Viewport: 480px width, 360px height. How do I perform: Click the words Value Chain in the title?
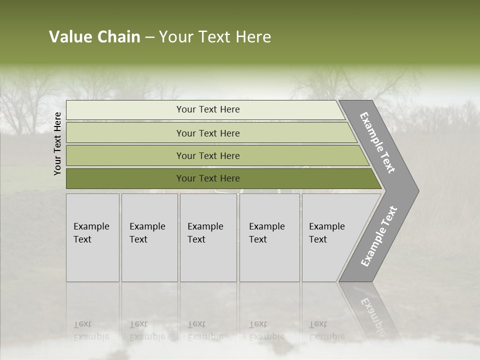[x=94, y=37]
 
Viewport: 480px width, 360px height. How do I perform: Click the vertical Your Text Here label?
[x=57, y=143]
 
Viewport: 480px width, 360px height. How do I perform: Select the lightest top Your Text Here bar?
[x=207, y=109]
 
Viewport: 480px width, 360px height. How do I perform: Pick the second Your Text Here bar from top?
[x=207, y=133]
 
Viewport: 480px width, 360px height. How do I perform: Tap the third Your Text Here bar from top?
[x=207, y=155]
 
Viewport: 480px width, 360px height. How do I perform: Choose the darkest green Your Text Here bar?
[x=207, y=178]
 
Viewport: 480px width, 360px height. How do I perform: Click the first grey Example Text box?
[x=92, y=237]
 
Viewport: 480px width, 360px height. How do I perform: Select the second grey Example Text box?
[x=149, y=237]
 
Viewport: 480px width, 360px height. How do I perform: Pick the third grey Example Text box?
[x=208, y=237]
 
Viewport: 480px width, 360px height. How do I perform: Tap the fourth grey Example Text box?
[x=269, y=237]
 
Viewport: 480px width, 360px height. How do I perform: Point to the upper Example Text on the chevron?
[x=377, y=142]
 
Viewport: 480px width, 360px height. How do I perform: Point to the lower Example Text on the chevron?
[x=378, y=236]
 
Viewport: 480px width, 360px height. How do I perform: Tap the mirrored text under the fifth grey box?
[x=326, y=330]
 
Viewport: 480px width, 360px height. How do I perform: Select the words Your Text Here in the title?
[x=215, y=37]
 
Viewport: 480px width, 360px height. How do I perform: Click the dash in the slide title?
[x=149, y=37]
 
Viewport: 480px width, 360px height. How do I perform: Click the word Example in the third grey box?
[x=205, y=226]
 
